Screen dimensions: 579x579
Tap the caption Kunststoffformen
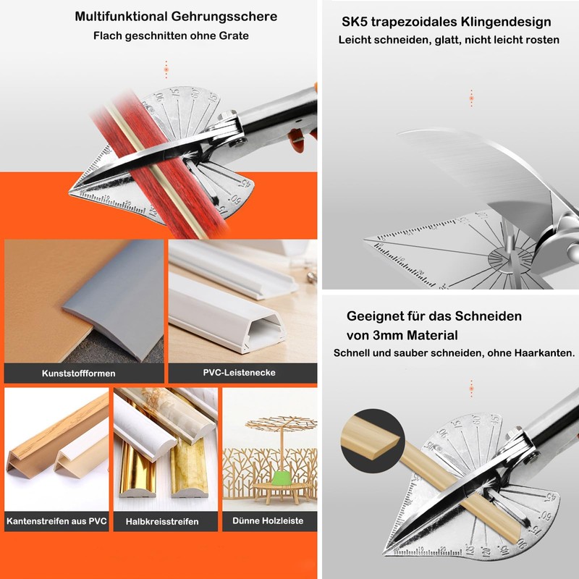[x=78, y=373]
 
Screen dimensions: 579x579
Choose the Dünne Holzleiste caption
[x=269, y=520]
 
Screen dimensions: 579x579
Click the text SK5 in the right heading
[x=356, y=22]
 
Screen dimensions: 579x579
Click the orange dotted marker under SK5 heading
[x=471, y=98]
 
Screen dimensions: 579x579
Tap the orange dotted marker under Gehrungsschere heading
[x=166, y=69]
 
